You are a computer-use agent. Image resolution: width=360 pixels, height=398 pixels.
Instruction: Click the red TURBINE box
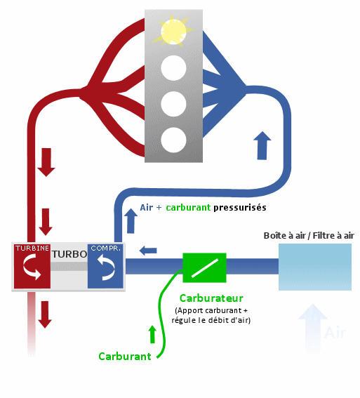click(x=32, y=266)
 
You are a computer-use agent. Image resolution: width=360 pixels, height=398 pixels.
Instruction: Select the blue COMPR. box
click(x=105, y=266)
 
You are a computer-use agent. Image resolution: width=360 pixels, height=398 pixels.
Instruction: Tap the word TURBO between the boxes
click(x=69, y=254)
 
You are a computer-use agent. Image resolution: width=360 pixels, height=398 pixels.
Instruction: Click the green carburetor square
click(x=204, y=267)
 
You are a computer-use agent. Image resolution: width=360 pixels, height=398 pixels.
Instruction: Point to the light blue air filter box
click(x=315, y=267)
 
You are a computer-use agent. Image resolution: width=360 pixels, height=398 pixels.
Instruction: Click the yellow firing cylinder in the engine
click(x=173, y=30)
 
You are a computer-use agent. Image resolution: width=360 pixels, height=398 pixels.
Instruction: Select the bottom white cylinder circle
click(x=173, y=140)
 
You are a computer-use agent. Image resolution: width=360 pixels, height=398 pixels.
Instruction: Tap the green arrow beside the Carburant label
click(x=152, y=334)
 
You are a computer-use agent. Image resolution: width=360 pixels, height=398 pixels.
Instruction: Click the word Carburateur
click(x=211, y=298)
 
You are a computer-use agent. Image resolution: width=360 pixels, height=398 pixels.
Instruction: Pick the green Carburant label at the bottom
click(x=125, y=357)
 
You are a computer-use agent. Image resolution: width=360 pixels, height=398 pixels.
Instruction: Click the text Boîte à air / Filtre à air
click(x=309, y=236)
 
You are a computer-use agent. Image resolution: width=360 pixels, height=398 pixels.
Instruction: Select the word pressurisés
click(x=240, y=208)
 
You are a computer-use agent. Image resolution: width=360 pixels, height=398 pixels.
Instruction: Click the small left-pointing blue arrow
click(x=148, y=251)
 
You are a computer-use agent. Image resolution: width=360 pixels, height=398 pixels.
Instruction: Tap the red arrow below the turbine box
click(x=45, y=314)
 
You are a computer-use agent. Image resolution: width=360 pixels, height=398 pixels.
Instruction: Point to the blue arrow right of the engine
click(x=262, y=145)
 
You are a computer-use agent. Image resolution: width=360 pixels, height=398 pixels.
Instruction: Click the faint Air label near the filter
click(x=335, y=333)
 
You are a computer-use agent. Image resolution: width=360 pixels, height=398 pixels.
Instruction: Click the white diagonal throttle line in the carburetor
click(x=205, y=267)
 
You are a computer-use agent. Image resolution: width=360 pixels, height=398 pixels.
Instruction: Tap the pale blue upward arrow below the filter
click(x=312, y=328)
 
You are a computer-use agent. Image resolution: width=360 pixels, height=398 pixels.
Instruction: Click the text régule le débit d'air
click(x=211, y=320)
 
